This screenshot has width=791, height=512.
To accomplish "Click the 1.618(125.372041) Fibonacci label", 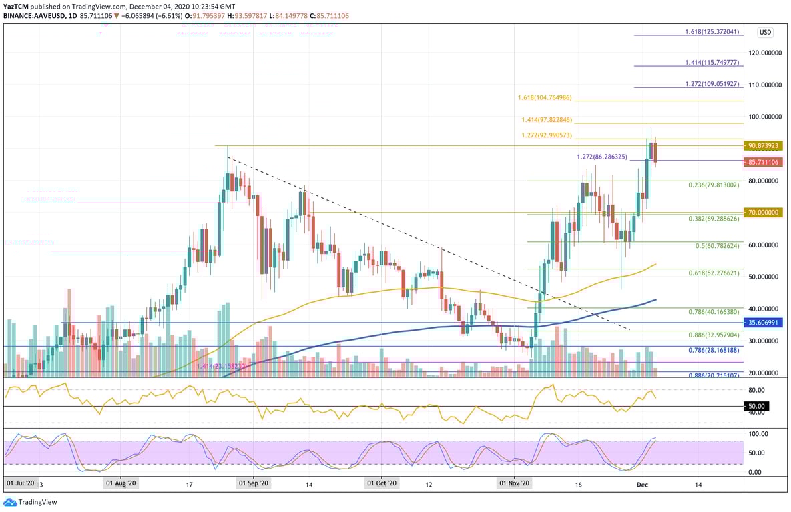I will [x=712, y=32].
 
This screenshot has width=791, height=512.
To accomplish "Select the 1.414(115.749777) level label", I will [x=712, y=62].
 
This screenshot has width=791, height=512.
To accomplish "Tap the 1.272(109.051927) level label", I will [x=712, y=85].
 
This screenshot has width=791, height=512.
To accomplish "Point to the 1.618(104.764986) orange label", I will [x=545, y=97].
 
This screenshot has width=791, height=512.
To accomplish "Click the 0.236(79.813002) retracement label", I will [x=714, y=185].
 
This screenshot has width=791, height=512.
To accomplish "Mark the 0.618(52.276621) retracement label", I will [x=714, y=273].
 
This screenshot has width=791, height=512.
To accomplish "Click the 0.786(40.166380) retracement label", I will [x=714, y=311].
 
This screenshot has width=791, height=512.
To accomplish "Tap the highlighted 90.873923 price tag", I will [x=764, y=145].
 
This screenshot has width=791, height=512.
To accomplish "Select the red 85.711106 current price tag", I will [x=764, y=162].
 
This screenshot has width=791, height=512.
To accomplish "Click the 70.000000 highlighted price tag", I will [x=764, y=213].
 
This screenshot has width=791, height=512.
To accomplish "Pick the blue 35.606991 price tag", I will [x=764, y=323].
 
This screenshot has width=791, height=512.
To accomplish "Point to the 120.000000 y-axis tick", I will [x=764, y=53].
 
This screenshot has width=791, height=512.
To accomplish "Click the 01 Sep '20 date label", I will [x=253, y=483].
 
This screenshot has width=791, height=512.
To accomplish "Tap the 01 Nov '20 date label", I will [x=515, y=483].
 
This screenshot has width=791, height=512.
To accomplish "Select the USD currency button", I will [x=765, y=32].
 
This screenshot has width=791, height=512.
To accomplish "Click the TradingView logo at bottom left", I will [x=31, y=502].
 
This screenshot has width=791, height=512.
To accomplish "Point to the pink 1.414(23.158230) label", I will [x=223, y=366].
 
